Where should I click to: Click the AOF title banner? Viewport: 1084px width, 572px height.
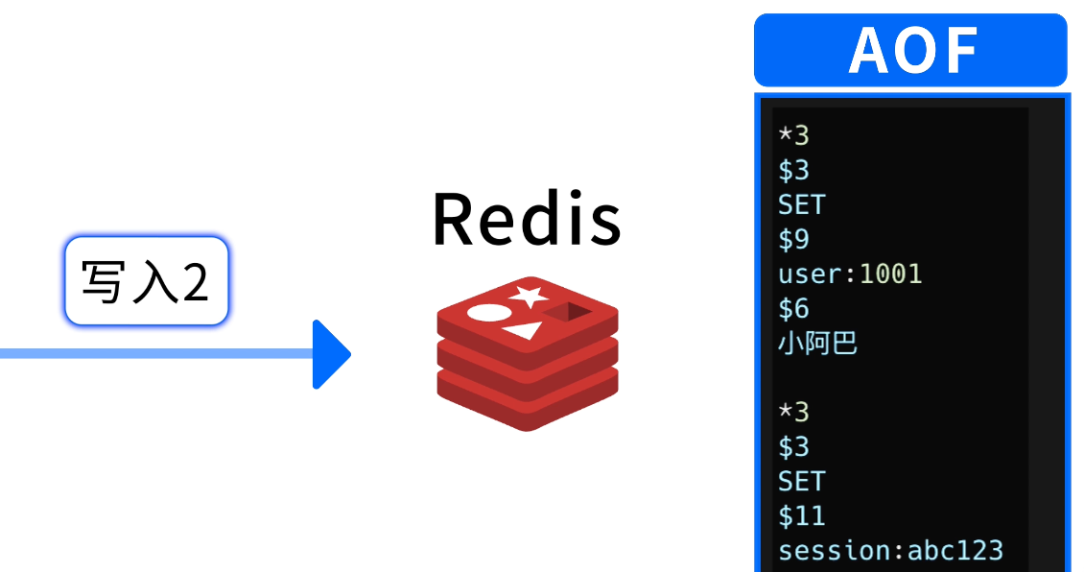pyautogui.click(x=910, y=50)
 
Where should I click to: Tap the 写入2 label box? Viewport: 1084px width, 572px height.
pyautogui.click(x=146, y=282)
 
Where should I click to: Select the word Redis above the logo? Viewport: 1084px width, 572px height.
pyautogui.click(x=527, y=219)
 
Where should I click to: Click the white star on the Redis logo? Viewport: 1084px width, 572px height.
pyautogui.click(x=529, y=296)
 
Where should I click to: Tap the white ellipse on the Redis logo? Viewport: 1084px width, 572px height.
pyautogui.click(x=486, y=313)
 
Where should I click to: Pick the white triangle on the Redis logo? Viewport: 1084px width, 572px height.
pyautogui.click(x=522, y=331)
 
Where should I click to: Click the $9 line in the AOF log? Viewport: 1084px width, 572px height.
pyautogui.click(x=793, y=239)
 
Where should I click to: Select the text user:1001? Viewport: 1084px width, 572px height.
pyautogui.click(x=850, y=274)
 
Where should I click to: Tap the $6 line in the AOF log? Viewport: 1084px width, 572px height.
pyautogui.click(x=793, y=308)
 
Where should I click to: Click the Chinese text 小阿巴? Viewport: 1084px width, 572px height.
pyautogui.click(x=817, y=343)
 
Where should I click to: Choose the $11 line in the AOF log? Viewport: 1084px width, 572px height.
pyautogui.click(x=801, y=515)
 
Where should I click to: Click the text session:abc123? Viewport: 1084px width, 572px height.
pyautogui.click(x=890, y=550)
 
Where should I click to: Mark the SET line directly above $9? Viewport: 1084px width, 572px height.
pyautogui.click(x=801, y=204)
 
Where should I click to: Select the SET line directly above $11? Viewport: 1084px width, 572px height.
pyautogui.click(x=801, y=481)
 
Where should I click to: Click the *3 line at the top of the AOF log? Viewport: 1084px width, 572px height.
pyautogui.click(x=793, y=135)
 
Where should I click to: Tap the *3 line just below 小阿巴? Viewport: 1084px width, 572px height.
pyautogui.click(x=793, y=412)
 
